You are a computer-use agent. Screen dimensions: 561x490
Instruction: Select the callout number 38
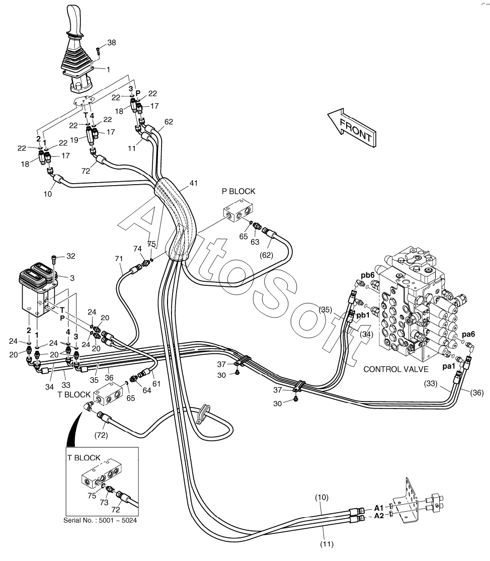[x=111, y=43]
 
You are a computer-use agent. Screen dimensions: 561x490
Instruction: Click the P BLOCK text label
[x=238, y=191]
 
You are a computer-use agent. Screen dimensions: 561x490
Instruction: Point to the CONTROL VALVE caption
[x=391, y=369]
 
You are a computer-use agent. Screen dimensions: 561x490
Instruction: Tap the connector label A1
[x=378, y=507]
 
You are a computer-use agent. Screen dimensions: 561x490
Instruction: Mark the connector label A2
[x=378, y=517]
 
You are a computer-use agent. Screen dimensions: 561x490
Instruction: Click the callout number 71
[x=119, y=258]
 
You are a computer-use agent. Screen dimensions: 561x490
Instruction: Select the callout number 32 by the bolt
[x=70, y=256]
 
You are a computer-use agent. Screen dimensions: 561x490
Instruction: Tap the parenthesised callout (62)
[x=266, y=255]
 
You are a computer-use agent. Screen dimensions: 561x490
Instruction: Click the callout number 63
[x=255, y=242]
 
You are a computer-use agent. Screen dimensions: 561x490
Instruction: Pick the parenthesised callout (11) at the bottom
[x=328, y=544]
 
